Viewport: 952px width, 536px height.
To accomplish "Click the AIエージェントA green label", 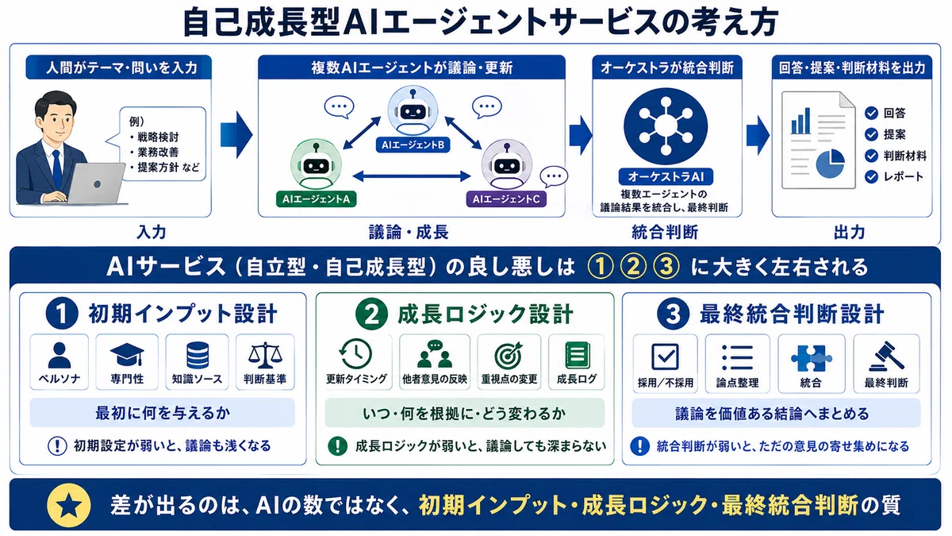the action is [x=316, y=199].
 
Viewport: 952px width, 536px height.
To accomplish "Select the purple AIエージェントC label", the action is [x=506, y=199].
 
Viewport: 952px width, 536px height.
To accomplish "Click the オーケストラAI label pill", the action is [x=666, y=176].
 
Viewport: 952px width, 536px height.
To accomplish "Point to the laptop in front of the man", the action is [x=96, y=183].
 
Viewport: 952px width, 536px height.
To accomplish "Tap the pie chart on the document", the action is [x=830, y=164].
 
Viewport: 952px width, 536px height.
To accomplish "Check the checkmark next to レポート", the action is [x=871, y=176].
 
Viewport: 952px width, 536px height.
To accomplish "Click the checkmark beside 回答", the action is [x=871, y=113].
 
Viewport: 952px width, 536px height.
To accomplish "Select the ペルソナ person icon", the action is [x=59, y=355].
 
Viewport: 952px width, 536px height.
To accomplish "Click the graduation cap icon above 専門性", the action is [x=127, y=355].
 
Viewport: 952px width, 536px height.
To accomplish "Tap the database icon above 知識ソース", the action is [x=198, y=355].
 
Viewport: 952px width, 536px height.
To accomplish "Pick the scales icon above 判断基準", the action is [x=265, y=355].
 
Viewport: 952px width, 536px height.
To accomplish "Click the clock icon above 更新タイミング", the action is [x=355, y=354].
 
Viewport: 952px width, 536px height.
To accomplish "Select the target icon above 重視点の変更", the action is [x=509, y=355].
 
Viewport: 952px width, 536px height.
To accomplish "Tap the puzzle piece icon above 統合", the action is [x=811, y=358].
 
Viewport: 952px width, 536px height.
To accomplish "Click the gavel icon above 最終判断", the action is [x=886, y=357].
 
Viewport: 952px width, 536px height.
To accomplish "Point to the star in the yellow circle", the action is [x=69, y=506].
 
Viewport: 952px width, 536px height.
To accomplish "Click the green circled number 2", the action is [x=371, y=314].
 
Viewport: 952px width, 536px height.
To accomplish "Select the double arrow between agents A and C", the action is [x=412, y=175].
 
